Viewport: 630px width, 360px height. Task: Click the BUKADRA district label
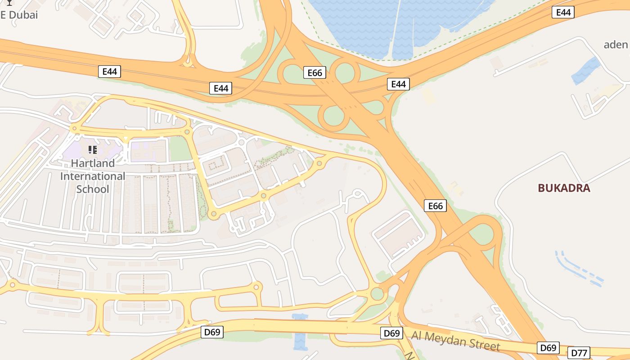(564, 188)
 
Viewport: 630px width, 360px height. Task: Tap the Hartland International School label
(93, 176)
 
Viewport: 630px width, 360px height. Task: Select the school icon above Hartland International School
(93, 150)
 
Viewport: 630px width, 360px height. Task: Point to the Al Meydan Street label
(455, 340)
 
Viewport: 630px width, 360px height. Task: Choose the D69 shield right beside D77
(548, 348)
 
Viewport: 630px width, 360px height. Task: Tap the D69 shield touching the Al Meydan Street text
(391, 333)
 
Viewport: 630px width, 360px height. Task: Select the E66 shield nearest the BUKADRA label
(435, 206)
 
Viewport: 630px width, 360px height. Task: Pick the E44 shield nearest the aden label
(563, 13)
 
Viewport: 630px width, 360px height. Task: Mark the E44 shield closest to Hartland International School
(110, 71)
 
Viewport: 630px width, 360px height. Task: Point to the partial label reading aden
(615, 44)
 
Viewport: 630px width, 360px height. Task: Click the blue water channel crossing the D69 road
(300, 333)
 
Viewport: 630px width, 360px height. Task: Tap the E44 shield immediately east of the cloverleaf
(398, 84)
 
